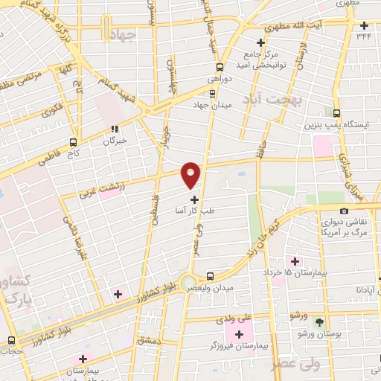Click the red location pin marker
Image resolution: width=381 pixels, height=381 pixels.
(x=191, y=174)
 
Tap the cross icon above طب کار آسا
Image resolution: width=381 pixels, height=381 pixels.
(x=195, y=199)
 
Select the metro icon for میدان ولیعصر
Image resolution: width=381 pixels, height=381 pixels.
(x=210, y=276)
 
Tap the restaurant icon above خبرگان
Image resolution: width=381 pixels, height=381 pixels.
(x=115, y=128)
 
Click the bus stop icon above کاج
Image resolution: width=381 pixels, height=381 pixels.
(x=73, y=141)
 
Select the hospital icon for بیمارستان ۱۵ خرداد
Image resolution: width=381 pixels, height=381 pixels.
(x=296, y=261)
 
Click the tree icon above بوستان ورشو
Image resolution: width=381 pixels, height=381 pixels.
(x=320, y=322)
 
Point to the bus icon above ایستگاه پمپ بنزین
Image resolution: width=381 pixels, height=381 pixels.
(x=336, y=114)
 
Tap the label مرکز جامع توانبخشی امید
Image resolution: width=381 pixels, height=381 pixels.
(x=260, y=60)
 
